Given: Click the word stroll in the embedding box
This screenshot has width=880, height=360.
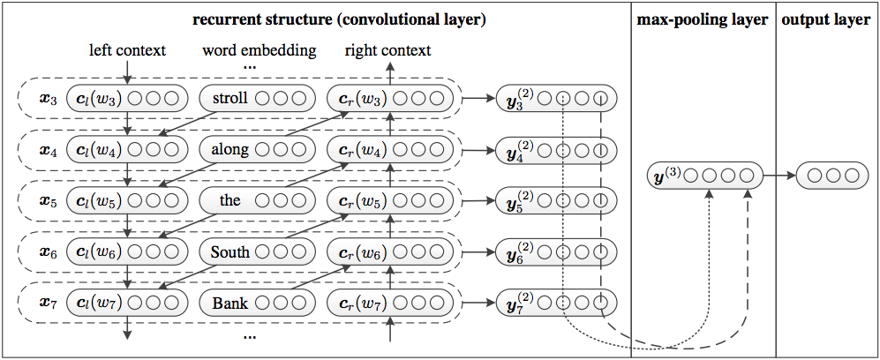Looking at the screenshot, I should point(230,98).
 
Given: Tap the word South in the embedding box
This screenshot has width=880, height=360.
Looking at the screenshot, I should point(230,252).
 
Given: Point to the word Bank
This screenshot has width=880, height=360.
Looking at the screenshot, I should point(230,304).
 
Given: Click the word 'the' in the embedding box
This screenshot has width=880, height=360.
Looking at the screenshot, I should point(230,200).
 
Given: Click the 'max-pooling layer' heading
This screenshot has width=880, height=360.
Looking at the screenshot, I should point(702,19).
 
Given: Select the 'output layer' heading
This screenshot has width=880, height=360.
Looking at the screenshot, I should point(827,19).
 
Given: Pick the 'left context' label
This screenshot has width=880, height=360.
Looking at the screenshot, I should point(128,50).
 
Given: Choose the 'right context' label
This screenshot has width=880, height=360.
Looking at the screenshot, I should point(387,50).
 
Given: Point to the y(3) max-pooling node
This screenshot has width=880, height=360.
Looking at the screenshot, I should point(703,176).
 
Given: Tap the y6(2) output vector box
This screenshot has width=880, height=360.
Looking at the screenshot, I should point(556,252).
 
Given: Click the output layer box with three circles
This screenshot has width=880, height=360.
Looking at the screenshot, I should point(828,176).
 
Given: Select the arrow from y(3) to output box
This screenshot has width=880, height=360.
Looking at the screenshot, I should point(778,176).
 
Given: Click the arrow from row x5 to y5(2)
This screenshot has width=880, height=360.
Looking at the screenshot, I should point(478,201).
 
